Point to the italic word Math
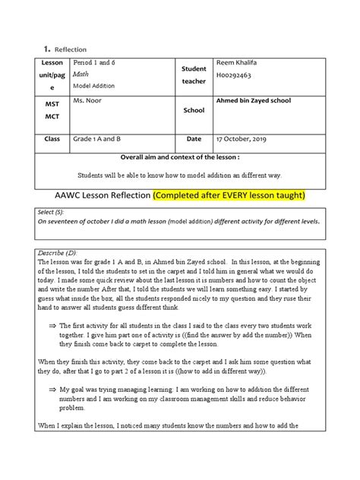point(80,75)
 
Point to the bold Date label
point(193,140)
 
